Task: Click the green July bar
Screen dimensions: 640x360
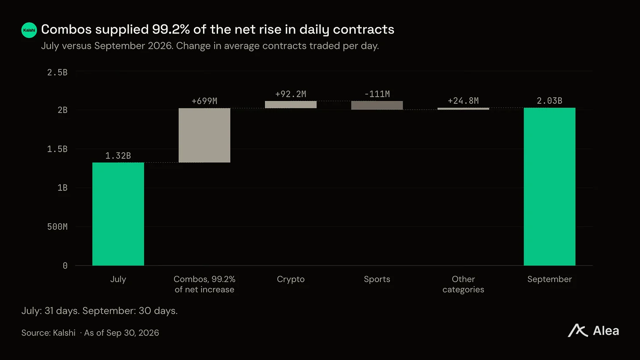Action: tap(118, 214)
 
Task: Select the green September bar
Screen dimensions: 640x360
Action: tap(549, 186)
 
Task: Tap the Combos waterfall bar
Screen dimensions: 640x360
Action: tap(204, 135)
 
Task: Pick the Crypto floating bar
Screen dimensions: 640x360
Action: tap(291, 105)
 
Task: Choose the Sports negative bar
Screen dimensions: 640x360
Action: tap(377, 105)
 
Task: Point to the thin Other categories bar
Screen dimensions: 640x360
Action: tap(463, 109)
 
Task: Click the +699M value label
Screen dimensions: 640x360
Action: tap(204, 101)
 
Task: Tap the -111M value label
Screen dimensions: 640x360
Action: tap(377, 94)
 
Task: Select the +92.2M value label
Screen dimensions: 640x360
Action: tap(291, 94)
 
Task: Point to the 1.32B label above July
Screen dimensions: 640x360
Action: tap(118, 156)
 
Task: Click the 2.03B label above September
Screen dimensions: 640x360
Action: tap(549, 101)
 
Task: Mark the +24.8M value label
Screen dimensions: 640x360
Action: tap(463, 101)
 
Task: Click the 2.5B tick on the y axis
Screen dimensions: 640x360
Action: tap(57, 73)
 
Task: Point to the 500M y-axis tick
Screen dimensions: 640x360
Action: tap(57, 227)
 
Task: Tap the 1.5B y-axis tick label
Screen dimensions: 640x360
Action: tap(57, 149)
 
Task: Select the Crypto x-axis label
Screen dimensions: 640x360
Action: tap(291, 279)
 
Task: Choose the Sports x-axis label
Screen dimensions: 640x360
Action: tap(377, 279)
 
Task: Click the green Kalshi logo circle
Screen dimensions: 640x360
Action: tap(29, 30)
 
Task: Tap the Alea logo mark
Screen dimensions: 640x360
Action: tap(578, 331)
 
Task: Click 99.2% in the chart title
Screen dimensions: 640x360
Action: tap(171, 29)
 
